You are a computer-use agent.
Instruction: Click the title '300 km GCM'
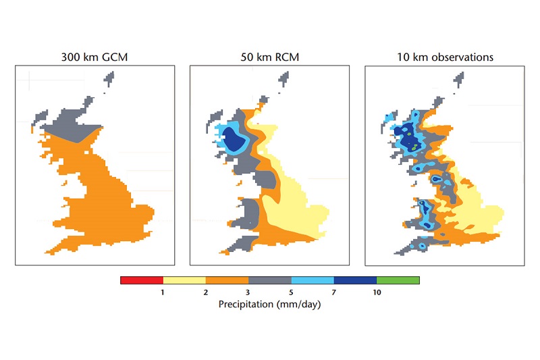[x=94, y=57]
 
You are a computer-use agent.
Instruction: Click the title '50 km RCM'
[x=269, y=57]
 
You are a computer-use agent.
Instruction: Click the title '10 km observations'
[x=445, y=57]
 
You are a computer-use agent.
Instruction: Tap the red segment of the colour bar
[x=142, y=280]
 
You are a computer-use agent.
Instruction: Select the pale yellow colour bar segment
[x=184, y=280]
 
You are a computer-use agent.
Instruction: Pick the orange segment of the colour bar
[x=227, y=280]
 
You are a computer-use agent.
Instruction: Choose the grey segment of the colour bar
[x=269, y=280]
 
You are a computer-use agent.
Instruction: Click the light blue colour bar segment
[x=313, y=280]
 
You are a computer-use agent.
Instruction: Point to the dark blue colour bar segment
[x=356, y=280]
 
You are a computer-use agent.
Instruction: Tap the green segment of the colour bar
[x=398, y=280]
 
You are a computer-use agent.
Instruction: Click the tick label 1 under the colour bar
[x=163, y=292]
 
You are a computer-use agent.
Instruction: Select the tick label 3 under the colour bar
[x=248, y=292]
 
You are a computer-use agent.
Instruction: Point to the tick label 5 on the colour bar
[x=291, y=292]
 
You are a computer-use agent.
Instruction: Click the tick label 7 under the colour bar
[x=333, y=292]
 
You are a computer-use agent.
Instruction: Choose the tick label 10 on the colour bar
[x=377, y=292]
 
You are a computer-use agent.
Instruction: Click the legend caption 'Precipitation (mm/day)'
[x=269, y=304]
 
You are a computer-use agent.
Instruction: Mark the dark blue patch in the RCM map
[x=235, y=140]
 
